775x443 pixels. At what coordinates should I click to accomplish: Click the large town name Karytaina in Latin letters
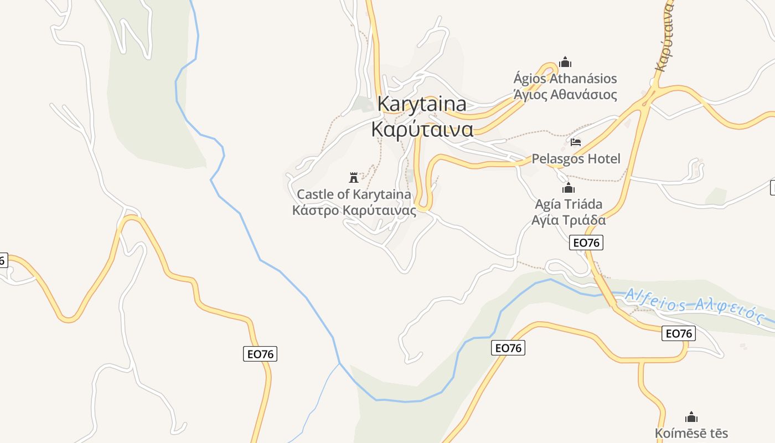[422, 104]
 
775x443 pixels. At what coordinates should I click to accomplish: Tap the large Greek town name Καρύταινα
[422, 129]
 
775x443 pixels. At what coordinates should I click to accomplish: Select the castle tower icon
[354, 177]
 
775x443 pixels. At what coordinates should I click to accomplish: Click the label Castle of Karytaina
[354, 194]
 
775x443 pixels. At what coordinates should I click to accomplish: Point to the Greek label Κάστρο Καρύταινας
[354, 210]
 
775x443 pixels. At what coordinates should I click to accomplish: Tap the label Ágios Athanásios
[565, 79]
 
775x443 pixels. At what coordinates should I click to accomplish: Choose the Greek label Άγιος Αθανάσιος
[565, 95]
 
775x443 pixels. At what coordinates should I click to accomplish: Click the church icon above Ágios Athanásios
[565, 61]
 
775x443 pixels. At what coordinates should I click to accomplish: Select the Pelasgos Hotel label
[576, 159]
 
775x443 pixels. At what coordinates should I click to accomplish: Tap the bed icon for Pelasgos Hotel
[576, 142]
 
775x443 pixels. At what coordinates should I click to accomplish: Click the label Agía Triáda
[569, 204]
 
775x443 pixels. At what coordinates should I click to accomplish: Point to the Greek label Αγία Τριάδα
[569, 220]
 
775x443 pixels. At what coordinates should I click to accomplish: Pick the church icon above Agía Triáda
[569, 188]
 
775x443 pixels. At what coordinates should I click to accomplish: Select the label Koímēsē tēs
[691, 433]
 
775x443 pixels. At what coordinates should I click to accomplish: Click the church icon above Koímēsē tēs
[691, 416]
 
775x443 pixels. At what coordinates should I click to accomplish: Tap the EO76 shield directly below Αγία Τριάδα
[586, 243]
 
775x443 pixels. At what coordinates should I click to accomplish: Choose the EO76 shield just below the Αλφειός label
[679, 333]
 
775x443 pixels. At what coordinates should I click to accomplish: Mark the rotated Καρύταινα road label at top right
[665, 36]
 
